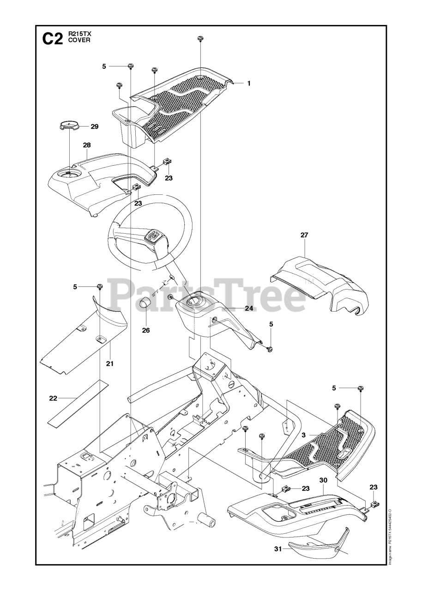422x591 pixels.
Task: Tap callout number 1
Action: [x=248, y=84]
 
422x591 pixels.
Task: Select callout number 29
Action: [x=94, y=126]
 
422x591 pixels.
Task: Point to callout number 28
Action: [x=86, y=145]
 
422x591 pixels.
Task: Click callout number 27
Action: [x=304, y=235]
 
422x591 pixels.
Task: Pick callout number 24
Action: [x=249, y=308]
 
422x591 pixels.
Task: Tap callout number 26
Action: [x=146, y=331]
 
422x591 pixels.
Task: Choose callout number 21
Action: [x=109, y=363]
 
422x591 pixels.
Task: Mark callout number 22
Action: [x=53, y=398]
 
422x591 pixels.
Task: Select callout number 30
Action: [x=323, y=481]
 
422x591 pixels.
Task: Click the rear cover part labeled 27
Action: [x=321, y=283]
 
